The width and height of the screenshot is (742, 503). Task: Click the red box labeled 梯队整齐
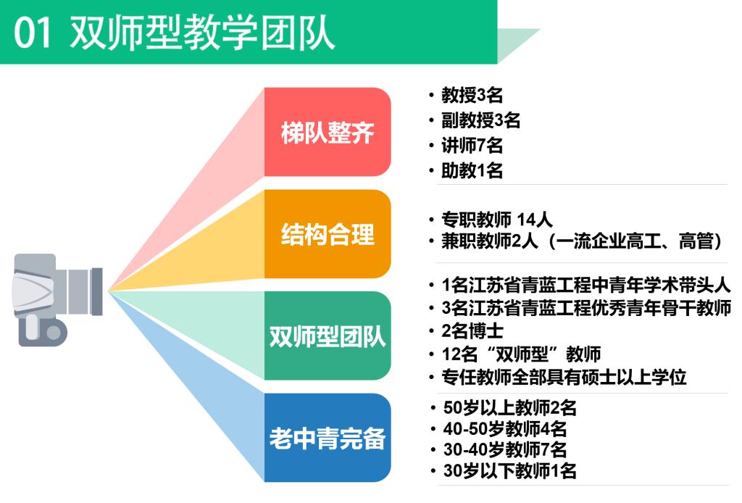coord(328,132)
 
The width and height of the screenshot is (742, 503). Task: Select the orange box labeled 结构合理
coord(328,234)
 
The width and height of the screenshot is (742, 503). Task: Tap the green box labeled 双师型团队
coord(328,336)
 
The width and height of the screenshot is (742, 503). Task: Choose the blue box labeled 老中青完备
coord(328,438)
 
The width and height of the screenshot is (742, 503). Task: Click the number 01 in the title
coord(32,33)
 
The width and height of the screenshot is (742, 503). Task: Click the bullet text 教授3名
coord(472,95)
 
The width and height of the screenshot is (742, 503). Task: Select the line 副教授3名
coord(481,120)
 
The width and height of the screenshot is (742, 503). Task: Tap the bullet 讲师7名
coord(472,145)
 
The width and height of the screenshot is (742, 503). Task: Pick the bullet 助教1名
coord(472,170)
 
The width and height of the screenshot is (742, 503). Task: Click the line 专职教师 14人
coord(497,219)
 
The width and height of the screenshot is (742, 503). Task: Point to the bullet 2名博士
coord(472,331)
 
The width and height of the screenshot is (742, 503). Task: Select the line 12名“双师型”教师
coord(521,354)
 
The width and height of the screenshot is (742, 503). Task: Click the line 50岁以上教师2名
coord(509,407)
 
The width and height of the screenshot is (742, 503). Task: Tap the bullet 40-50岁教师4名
coord(505,428)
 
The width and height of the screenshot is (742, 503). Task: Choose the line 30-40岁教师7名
coord(505,449)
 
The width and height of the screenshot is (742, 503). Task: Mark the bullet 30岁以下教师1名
coord(509,471)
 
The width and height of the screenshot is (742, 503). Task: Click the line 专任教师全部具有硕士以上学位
coord(564,377)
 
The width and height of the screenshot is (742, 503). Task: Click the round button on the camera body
coord(54,332)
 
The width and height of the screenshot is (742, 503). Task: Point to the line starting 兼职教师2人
coord(582,241)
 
